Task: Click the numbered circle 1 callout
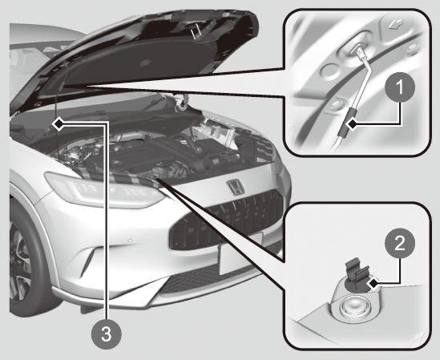coord(400,87)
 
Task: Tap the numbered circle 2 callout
coord(400,243)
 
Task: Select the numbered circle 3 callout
coord(107,334)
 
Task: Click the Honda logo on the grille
coord(236,188)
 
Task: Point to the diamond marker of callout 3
coord(59,123)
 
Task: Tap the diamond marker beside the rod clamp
coord(373,284)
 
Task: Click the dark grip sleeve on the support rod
coord(347,123)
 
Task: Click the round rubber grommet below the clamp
coord(353,307)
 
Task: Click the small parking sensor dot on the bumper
coord(130,241)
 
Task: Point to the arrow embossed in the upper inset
coord(396,26)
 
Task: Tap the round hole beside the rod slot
coord(330,71)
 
